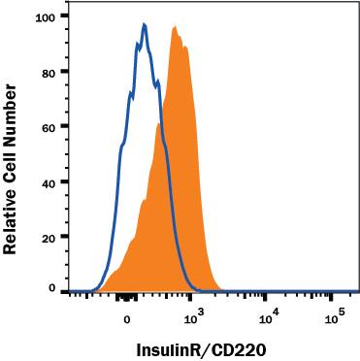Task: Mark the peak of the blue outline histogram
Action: (x=145, y=25)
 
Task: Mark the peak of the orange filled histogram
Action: (x=175, y=28)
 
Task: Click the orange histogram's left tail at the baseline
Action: (x=102, y=288)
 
